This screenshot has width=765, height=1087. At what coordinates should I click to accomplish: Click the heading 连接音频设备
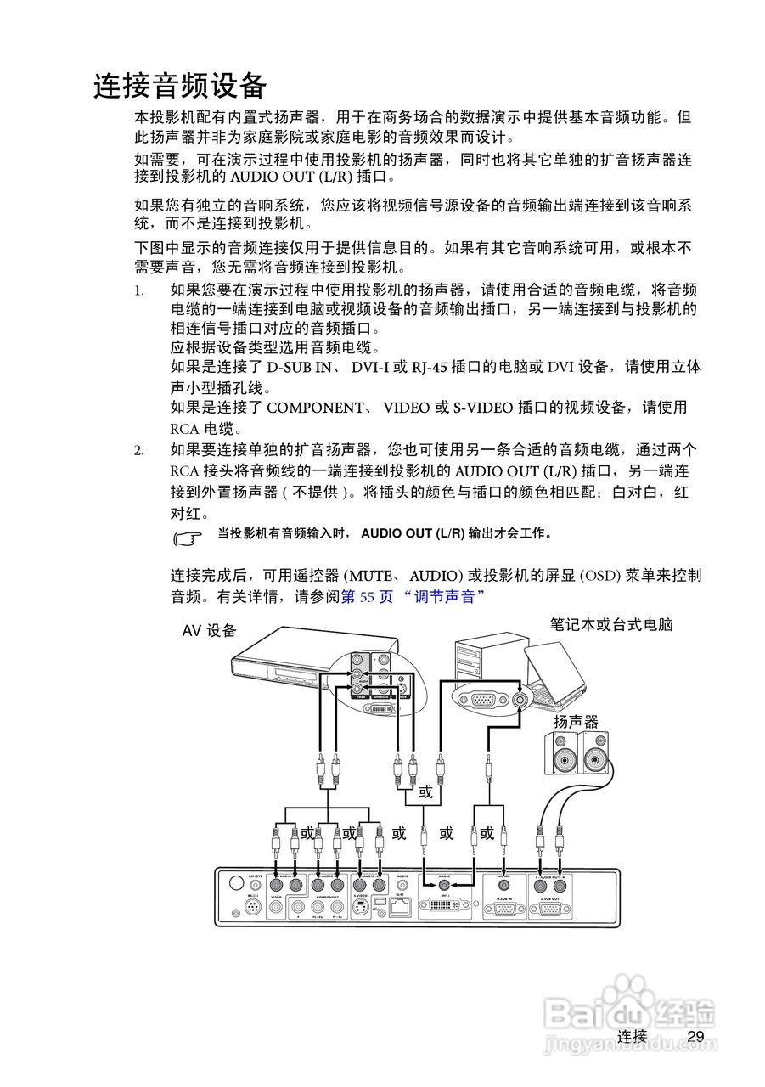(x=180, y=86)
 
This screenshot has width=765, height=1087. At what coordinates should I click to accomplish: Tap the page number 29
(x=695, y=1036)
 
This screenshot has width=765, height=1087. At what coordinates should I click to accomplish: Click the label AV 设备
(x=210, y=631)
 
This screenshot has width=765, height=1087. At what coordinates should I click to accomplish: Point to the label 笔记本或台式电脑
(x=611, y=624)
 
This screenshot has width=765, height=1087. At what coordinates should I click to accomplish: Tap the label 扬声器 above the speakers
(x=576, y=721)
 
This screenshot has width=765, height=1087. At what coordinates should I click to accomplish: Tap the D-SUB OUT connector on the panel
(x=550, y=909)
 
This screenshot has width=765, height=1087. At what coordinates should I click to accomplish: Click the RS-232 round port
(x=252, y=910)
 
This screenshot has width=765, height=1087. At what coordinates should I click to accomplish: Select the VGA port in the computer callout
(x=484, y=701)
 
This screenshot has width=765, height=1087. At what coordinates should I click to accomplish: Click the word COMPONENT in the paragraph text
(x=314, y=408)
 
